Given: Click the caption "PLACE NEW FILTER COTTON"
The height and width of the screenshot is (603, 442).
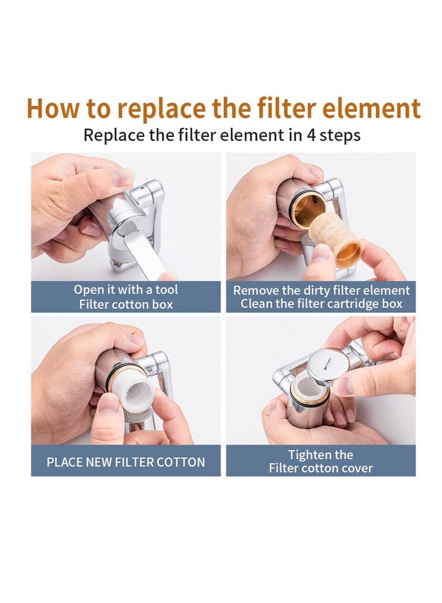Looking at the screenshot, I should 126,462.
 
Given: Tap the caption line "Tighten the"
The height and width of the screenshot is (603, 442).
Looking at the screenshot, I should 320,455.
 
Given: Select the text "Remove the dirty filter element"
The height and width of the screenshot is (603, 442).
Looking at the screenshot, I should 321,290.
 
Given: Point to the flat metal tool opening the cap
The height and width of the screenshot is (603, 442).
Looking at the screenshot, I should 149,256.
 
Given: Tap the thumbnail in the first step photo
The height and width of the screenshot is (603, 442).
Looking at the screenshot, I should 122,177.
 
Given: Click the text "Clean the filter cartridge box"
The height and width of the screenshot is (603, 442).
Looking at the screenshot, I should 321,303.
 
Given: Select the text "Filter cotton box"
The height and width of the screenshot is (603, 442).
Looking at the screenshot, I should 126,304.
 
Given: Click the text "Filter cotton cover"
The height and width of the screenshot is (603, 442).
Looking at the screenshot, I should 320,468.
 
